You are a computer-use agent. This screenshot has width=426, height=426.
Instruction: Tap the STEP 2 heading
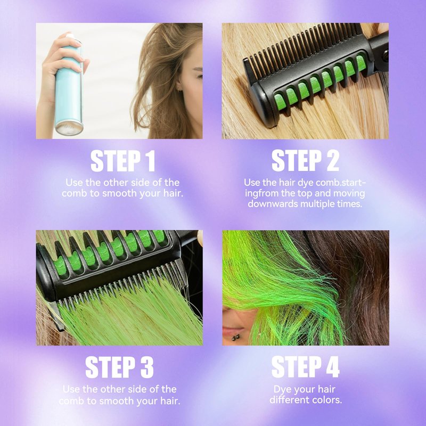pyautogui.click(x=305, y=161)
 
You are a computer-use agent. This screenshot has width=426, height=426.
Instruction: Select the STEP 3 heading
pyautogui.click(x=119, y=367)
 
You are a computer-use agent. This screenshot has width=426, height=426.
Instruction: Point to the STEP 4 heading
pyautogui.click(x=305, y=367)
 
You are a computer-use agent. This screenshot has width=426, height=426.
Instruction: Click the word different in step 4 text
pyautogui.click(x=289, y=400)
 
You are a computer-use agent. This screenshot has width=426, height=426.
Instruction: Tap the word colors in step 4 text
pyautogui.click(x=326, y=400)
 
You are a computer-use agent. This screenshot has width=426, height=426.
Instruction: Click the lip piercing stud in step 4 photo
pyautogui.click(x=235, y=338)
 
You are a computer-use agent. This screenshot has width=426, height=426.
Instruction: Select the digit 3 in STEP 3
pyautogui.click(x=147, y=367)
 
